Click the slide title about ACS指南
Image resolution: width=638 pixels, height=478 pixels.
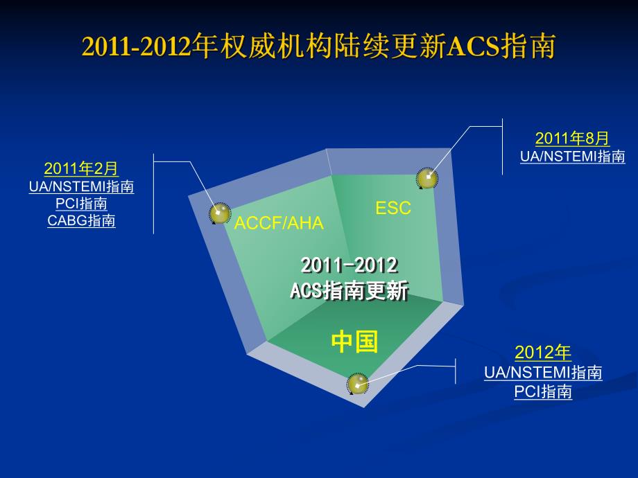pos(318,47)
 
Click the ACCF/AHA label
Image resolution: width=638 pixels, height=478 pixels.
pos(279,223)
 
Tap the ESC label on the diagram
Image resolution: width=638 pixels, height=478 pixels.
pos(393,207)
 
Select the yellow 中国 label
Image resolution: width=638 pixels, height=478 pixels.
pos(354,341)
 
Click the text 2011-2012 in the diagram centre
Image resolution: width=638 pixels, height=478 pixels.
pos(350,265)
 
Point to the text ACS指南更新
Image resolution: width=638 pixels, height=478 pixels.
pos(349,290)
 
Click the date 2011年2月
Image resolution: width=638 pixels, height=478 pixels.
pos(81,168)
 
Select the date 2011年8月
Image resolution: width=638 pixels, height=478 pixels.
pos(572,139)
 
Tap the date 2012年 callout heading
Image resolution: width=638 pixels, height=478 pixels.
pos(543,353)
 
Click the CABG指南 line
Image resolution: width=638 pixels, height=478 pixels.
pos(81,221)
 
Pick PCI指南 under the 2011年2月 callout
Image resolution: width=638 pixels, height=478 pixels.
pos(81,204)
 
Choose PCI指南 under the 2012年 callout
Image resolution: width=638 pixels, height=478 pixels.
pos(543,391)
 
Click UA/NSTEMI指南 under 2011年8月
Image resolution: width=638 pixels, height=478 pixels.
pos(572,157)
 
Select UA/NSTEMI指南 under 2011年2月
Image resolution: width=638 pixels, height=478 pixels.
pos(81,186)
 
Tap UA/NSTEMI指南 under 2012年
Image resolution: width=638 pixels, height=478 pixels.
pos(543,373)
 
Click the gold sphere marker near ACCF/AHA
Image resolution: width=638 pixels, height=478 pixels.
pos(220,213)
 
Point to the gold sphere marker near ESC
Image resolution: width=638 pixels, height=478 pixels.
pos(426,178)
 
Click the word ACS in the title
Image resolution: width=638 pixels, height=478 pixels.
pos(474,47)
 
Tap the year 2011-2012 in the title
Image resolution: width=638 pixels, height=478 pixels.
pos(136,47)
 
